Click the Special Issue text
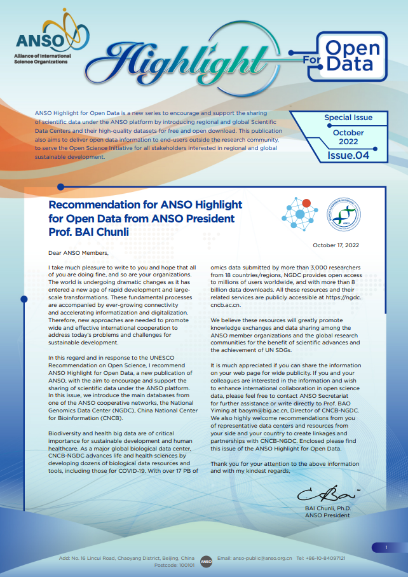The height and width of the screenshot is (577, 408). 348,118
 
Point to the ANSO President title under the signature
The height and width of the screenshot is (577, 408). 327,515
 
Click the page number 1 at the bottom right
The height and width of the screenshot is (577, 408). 386,546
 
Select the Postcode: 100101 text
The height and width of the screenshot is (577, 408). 175,564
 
